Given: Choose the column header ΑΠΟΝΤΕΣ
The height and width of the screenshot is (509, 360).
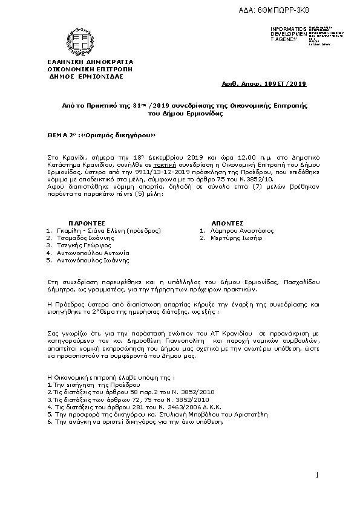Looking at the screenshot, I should pyautogui.click(x=227, y=223).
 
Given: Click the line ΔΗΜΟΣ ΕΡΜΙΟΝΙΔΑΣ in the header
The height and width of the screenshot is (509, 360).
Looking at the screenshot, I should pyautogui.click(x=85, y=77).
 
